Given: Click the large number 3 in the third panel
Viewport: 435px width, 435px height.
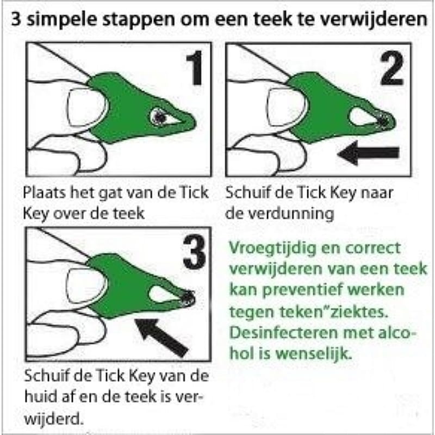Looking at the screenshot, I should click(194, 251).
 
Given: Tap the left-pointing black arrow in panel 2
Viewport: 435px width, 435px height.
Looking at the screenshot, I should click(368, 153).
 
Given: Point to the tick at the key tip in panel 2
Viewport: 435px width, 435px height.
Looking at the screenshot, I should click(384, 121).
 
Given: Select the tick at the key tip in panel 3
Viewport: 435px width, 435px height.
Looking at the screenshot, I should click(188, 297).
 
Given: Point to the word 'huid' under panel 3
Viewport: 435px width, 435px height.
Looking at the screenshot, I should click(38, 396).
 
